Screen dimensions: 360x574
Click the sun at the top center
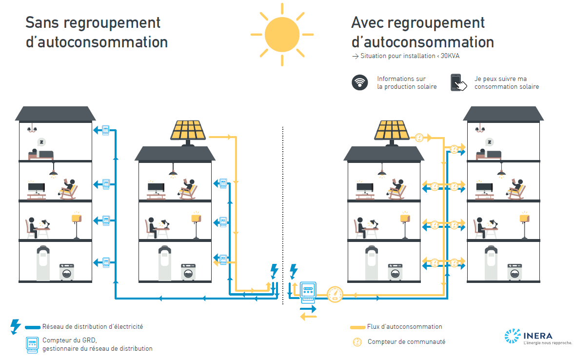[x=282, y=34]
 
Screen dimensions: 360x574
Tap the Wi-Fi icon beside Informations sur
[x=360, y=82]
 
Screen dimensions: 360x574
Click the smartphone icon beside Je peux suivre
[x=457, y=82]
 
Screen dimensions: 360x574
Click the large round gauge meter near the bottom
[x=335, y=294]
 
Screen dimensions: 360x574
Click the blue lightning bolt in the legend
[x=16, y=326]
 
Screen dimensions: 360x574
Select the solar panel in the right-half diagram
[x=393, y=131]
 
